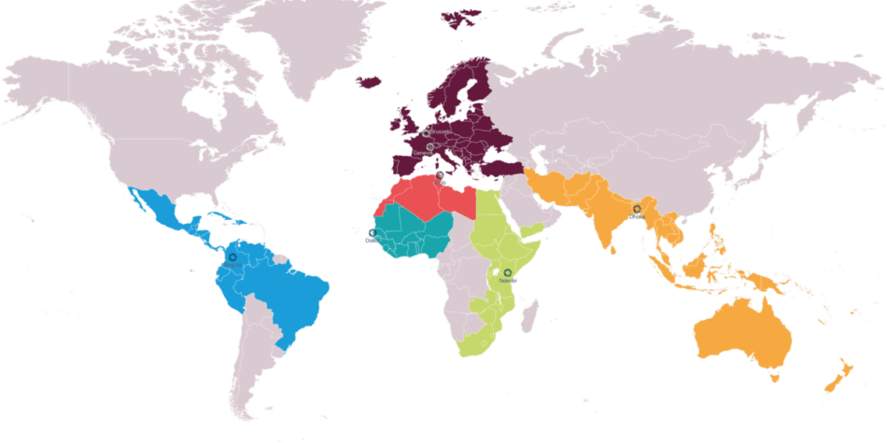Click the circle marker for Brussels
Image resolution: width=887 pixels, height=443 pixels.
click(427, 133)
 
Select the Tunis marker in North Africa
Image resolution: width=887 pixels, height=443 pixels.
click(439, 175)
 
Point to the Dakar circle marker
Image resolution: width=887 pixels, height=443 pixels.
click(372, 232)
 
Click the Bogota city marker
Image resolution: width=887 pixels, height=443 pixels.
click(232, 256)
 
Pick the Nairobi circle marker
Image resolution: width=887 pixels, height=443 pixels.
click(507, 272)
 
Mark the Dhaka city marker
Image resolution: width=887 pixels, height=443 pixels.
click(637, 209)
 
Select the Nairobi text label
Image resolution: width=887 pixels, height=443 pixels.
click(508, 280)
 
